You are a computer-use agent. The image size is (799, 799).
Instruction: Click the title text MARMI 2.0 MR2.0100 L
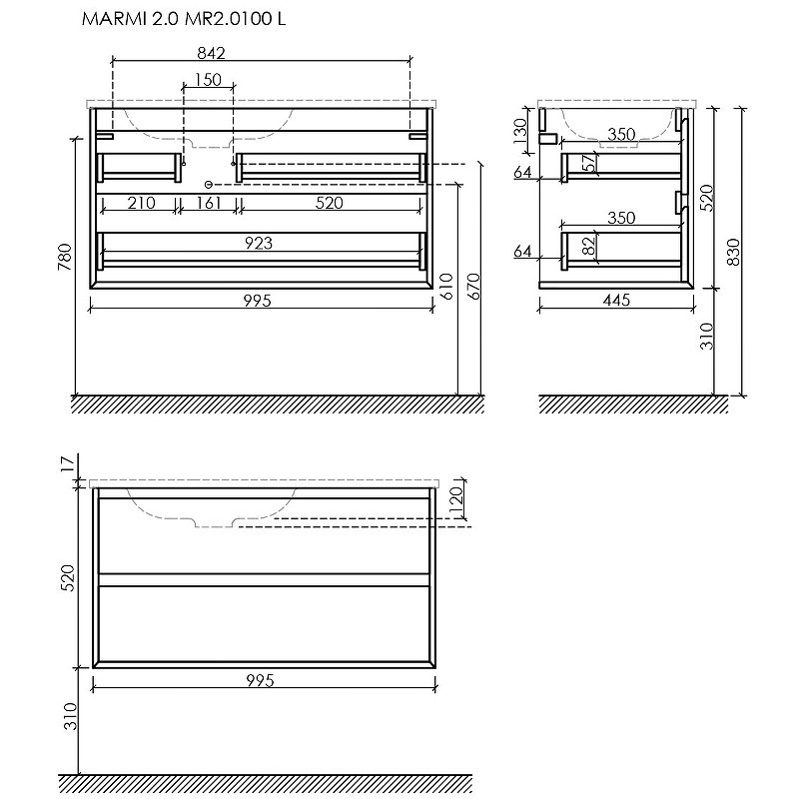pyautogui.click(x=184, y=19)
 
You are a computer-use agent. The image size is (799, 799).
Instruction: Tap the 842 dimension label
pyautogui.click(x=211, y=53)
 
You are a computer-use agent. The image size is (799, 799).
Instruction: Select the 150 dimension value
pyautogui.click(x=208, y=80)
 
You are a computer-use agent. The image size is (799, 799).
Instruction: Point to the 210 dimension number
pyautogui.click(x=141, y=203)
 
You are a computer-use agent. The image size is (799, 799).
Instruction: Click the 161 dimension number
pyautogui.click(x=208, y=203)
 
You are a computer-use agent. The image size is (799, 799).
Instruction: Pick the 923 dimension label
pyautogui.click(x=259, y=243)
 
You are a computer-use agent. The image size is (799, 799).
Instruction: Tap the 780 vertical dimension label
pyautogui.click(x=65, y=257)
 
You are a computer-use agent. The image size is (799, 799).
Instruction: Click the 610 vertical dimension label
pyautogui.click(x=445, y=286)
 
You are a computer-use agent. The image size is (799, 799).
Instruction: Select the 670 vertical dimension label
pyautogui.click(x=473, y=286)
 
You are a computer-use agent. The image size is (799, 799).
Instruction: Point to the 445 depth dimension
pyautogui.click(x=616, y=301)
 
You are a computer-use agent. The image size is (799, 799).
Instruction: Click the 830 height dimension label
pyautogui.click(x=733, y=252)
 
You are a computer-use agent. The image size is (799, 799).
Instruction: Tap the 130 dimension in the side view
pyautogui.click(x=520, y=131)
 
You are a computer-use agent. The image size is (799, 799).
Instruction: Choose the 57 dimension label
pyautogui.click(x=588, y=163)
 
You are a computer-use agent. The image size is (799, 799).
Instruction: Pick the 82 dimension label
pyautogui.click(x=588, y=246)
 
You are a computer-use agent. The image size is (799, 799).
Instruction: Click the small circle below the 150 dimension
pyautogui.click(x=208, y=184)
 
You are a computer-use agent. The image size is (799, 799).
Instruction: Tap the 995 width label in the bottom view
pyautogui.click(x=260, y=680)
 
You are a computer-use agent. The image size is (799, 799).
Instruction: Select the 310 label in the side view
pyautogui.click(x=707, y=337)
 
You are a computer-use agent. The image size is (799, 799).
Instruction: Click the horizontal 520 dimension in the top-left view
pyautogui.click(x=330, y=203)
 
